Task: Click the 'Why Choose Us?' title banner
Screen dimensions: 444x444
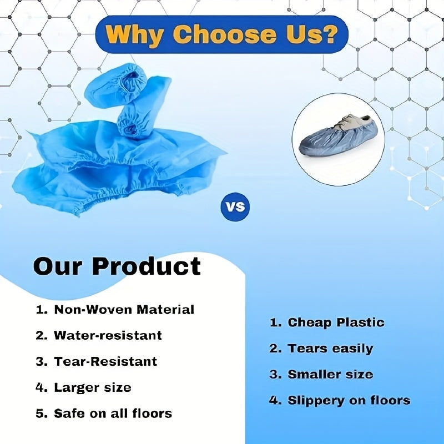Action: click(222, 34)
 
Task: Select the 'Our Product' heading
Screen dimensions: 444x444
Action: click(117, 266)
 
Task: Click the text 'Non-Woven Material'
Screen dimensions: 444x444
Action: click(124, 310)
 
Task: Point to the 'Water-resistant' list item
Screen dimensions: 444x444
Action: click(108, 335)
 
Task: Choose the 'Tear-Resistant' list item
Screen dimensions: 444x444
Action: click(105, 361)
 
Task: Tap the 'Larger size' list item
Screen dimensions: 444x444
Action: click(92, 387)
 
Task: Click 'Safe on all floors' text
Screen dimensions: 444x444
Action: click(113, 413)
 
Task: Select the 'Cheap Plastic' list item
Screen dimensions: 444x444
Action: click(336, 322)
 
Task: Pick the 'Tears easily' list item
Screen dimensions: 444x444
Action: click(330, 349)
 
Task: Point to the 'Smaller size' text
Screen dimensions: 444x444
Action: click(330, 374)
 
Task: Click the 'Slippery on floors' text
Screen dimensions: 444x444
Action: click(349, 400)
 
